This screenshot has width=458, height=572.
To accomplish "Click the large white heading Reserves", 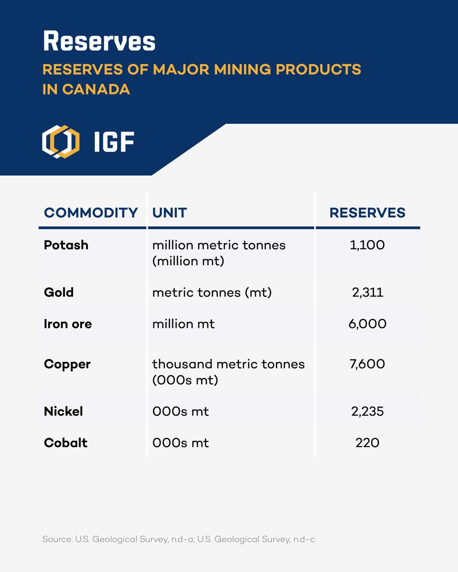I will point(99,42).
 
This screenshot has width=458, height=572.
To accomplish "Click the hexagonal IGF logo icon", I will point(61,142).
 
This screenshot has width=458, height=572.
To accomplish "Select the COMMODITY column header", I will point(91,213).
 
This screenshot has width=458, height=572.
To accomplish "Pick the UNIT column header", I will point(169,213).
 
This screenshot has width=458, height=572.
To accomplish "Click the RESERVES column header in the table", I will point(367,213).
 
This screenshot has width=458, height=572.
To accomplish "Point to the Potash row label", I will point(66,245).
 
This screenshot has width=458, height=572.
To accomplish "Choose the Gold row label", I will point(59,292).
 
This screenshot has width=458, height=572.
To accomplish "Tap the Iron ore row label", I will point(68,324).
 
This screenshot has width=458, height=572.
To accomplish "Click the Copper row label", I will point(67,364).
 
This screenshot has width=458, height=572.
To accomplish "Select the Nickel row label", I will point(63,411).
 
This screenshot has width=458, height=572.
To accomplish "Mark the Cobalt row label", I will point(66,443).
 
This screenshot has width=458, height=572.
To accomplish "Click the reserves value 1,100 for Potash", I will point(367,245).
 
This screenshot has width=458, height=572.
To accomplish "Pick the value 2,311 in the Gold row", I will point(367,292).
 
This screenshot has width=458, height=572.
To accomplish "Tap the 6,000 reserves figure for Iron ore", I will point(367,324).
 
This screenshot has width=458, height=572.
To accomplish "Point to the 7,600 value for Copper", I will point(367,364).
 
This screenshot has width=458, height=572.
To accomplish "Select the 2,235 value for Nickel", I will point(367,411).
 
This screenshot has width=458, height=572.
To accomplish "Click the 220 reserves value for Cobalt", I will point(367,443).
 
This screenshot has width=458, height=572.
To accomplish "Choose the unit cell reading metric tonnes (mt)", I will point(212,292).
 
